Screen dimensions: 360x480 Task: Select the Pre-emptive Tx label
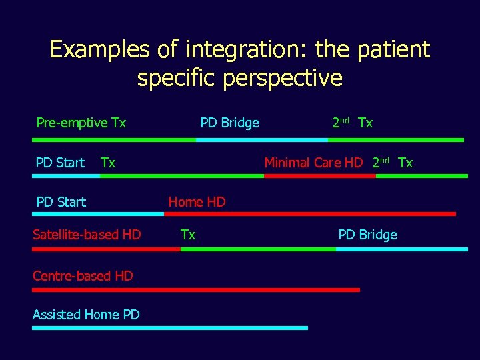[x=81, y=123]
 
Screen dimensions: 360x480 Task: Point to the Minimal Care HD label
[x=313, y=163]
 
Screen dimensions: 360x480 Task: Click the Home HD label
[x=197, y=202]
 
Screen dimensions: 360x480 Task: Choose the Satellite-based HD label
[x=87, y=234]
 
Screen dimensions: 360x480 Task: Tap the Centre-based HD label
[x=83, y=275]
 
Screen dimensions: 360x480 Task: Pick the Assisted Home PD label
[x=86, y=315]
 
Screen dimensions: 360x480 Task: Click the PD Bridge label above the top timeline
[x=230, y=123]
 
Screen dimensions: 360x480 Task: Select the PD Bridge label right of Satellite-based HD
[x=367, y=235]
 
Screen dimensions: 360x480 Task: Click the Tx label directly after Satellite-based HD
[x=188, y=235]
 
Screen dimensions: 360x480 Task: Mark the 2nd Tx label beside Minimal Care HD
[x=393, y=163]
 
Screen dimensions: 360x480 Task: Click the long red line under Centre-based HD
[x=196, y=290]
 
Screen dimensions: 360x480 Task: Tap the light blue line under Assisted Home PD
[x=170, y=328]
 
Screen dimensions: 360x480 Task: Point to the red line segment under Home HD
[x=310, y=214]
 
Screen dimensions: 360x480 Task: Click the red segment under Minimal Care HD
[x=319, y=176]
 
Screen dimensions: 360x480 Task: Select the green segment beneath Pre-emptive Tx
[x=114, y=140]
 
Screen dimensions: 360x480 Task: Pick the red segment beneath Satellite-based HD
[x=106, y=249]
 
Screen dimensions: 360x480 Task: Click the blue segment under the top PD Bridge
[x=261, y=140]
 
